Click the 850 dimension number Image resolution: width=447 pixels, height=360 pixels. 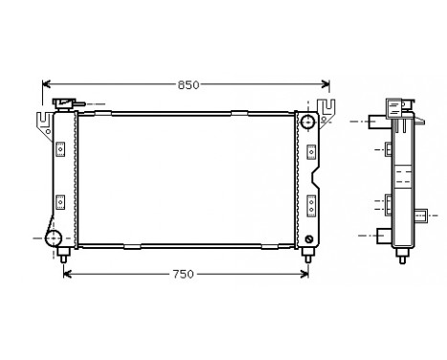pyautogui.click(x=188, y=85)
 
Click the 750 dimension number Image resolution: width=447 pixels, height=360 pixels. pyautogui.click(x=184, y=274)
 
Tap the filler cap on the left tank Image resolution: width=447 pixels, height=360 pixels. pyautogui.click(x=66, y=102)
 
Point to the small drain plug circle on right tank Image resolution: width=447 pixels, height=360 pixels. pyautogui.click(x=308, y=238)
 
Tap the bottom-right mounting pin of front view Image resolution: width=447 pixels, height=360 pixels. pyautogui.click(x=308, y=255)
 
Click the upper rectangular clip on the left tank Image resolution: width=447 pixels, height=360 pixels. pyautogui.click(x=59, y=148)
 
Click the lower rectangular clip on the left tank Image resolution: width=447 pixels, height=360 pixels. pyautogui.click(x=59, y=202)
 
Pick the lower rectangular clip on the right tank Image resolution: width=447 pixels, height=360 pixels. pyautogui.click(x=311, y=202)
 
